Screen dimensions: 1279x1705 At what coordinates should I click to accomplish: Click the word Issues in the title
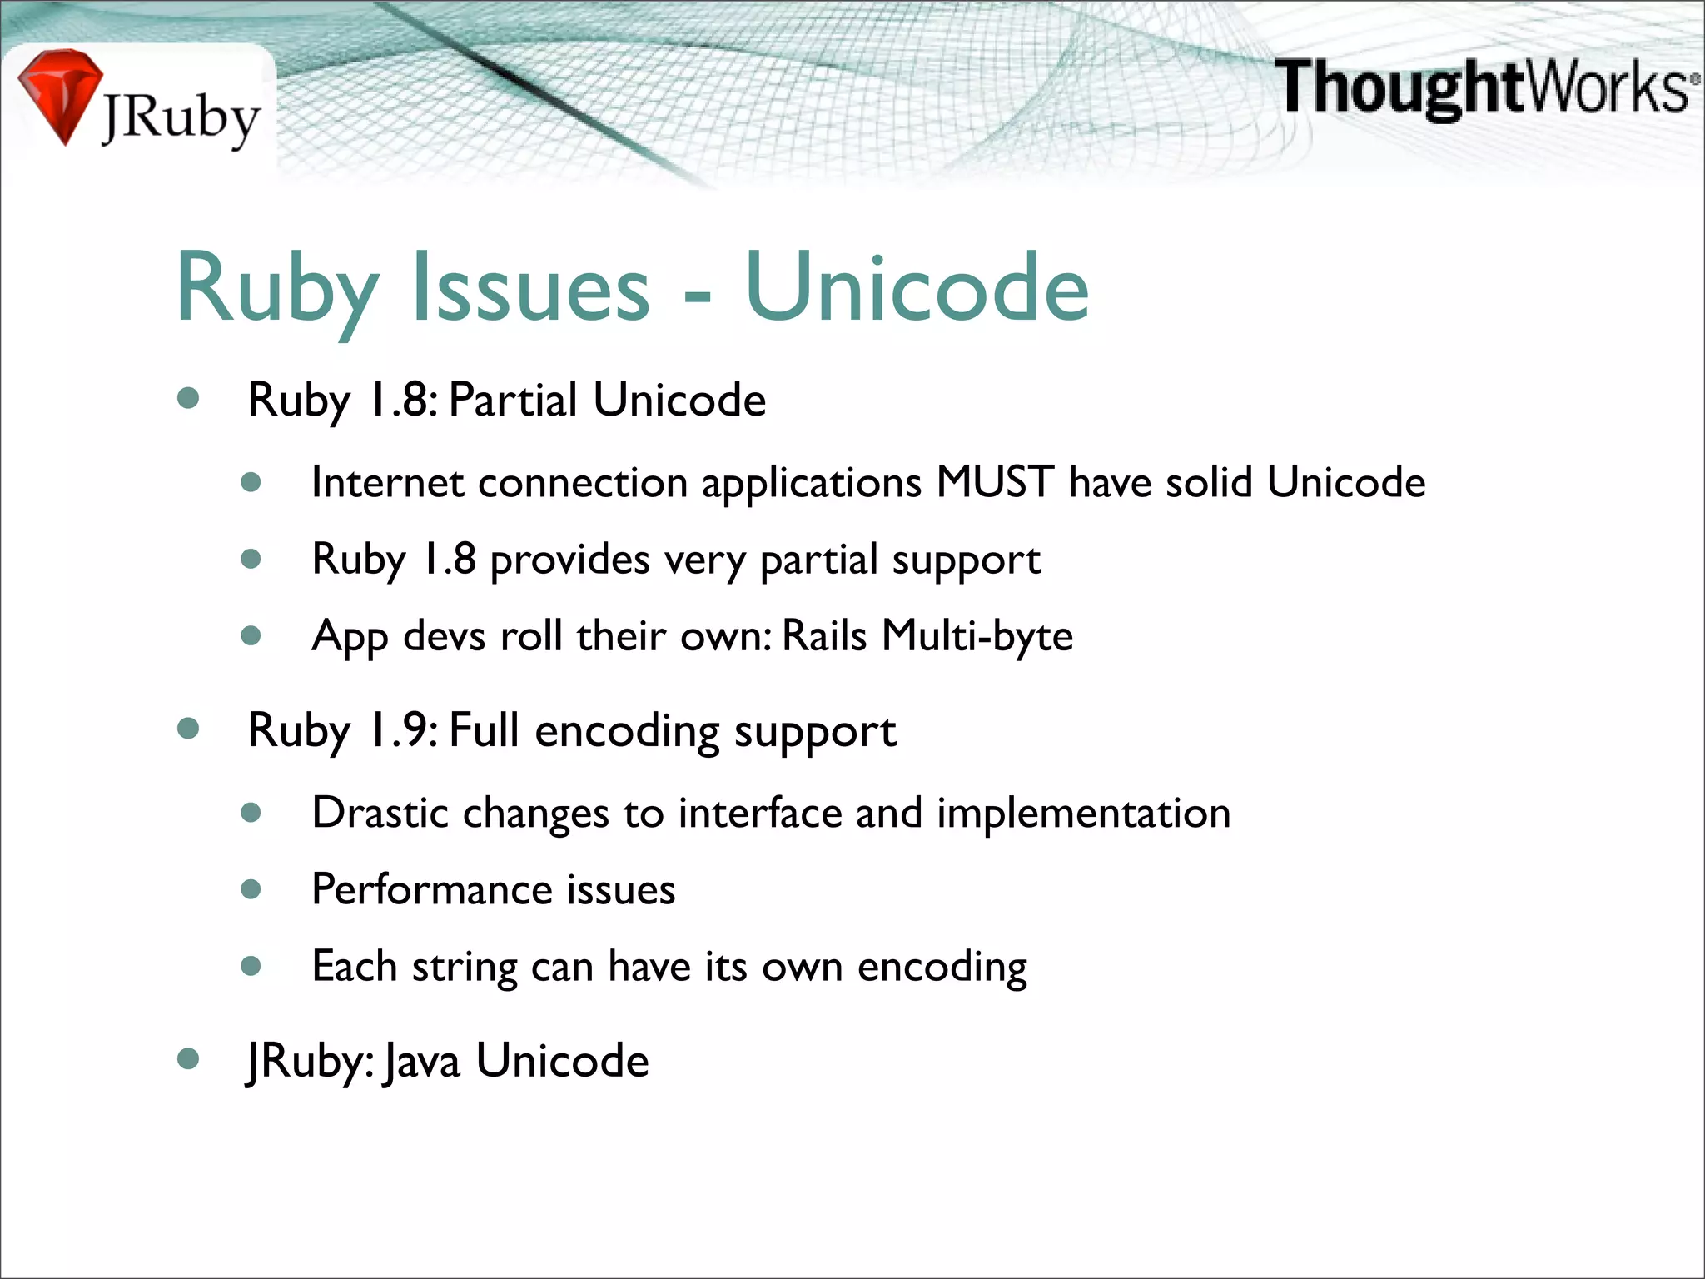[530, 287]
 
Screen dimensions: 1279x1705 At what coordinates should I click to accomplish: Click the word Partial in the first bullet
[513, 400]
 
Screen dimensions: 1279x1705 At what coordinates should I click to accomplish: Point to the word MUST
[995, 482]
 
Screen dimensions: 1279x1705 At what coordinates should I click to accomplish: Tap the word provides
[569, 560]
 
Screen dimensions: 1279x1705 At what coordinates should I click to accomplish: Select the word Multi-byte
[977, 636]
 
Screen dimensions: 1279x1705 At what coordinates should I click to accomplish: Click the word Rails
[824, 636]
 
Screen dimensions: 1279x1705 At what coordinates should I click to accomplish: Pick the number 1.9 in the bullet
[400, 730]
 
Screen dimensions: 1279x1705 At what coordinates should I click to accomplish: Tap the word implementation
[1083, 813]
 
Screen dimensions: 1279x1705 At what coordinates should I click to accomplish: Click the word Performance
[430, 889]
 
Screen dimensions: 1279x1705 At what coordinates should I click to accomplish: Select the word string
[465, 968]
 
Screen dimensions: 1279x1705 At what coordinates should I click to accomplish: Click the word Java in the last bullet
[422, 1062]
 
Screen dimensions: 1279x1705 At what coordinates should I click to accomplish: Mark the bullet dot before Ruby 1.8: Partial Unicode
[189, 398]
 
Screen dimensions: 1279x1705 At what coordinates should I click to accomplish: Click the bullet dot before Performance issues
[251, 889]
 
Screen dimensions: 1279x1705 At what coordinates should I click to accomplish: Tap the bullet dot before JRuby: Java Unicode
[189, 1059]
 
